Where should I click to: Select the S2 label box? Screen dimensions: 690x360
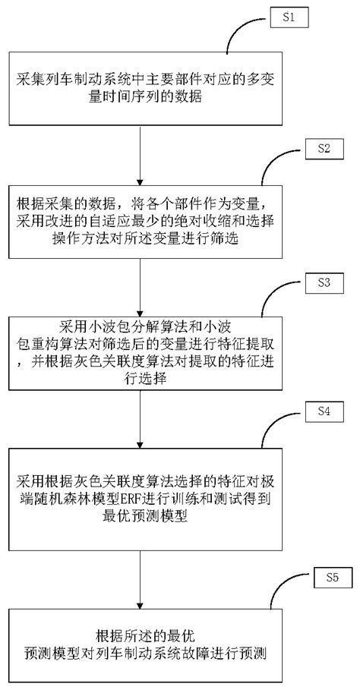click(323, 149)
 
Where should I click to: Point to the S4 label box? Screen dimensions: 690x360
click(324, 414)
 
